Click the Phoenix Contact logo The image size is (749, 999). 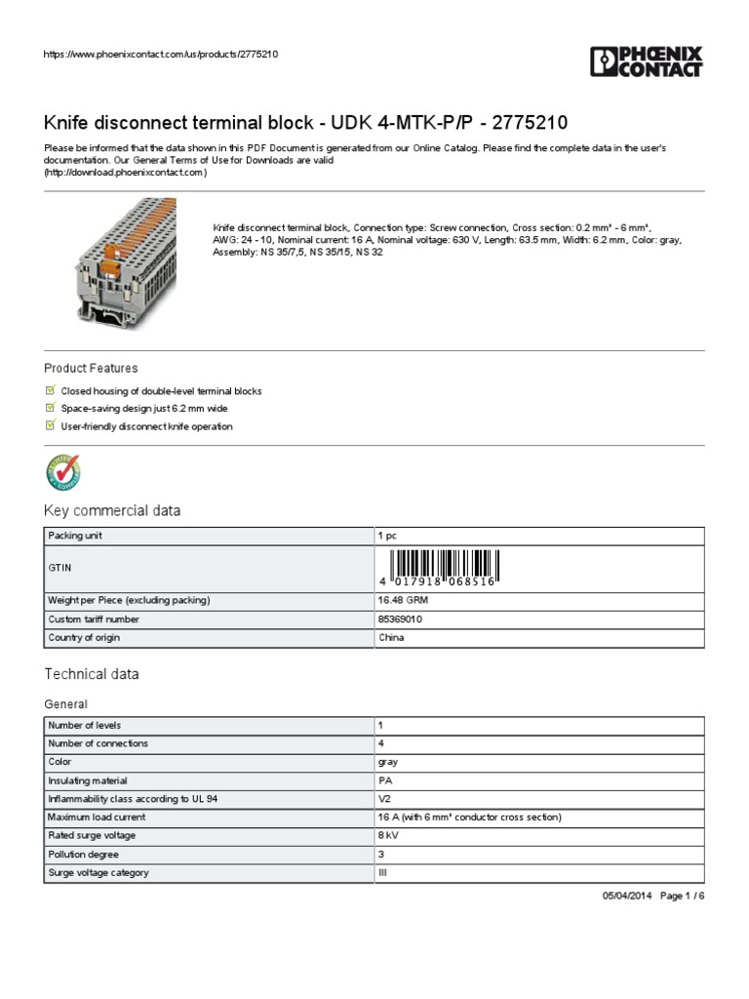[x=646, y=60]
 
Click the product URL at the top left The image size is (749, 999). [x=162, y=54]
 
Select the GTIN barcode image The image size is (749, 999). [x=444, y=568]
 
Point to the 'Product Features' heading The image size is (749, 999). [x=91, y=368]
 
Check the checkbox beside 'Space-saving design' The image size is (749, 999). [x=51, y=409]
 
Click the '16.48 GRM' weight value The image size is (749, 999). [x=404, y=600]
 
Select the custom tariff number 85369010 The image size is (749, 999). [x=400, y=619]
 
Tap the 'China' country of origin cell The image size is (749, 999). [x=391, y=638]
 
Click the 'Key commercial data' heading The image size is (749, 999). [x=112, y=511]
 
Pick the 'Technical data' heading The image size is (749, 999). [x=92, y=674]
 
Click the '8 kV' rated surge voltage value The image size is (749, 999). [x=387, y=835]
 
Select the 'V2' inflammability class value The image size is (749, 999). [x=384, y=799]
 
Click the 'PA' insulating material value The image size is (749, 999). [x=384, y=780]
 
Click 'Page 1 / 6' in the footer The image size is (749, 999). [x=682, y=897]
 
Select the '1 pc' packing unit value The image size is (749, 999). [x=388, y=536]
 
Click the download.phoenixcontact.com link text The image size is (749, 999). [x=125, y=173]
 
